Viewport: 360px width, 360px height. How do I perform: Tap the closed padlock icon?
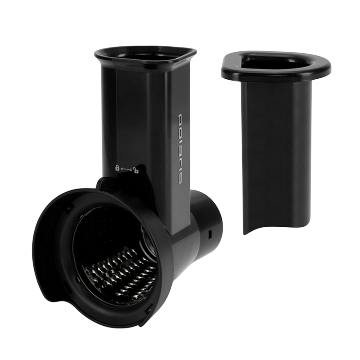[117, 168]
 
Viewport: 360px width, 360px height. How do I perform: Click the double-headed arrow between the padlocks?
[126, 169]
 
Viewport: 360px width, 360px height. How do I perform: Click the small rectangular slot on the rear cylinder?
[209, 234]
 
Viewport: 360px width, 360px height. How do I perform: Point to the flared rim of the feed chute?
[145, 56]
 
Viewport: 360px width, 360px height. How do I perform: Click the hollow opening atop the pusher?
[275, 60]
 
